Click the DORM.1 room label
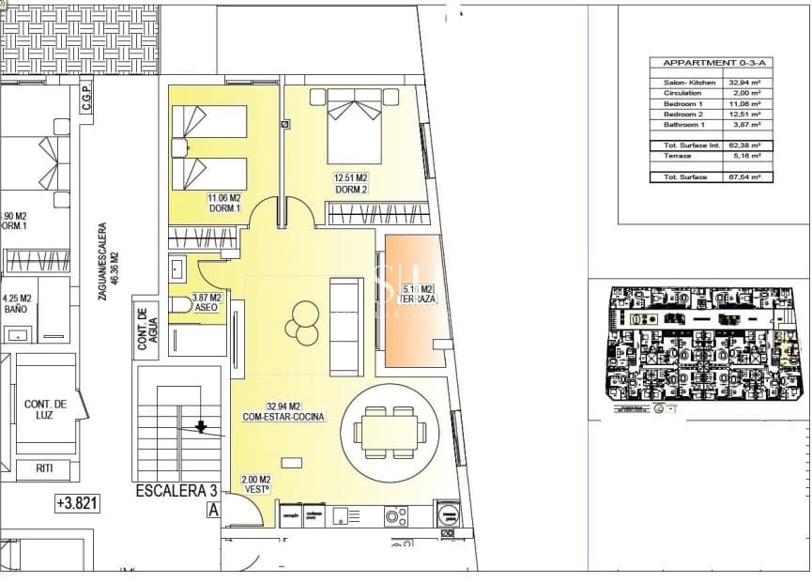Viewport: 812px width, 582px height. coord(224,208)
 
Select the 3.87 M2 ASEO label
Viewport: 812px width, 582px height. coord(206,302)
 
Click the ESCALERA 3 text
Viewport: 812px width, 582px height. coord(176,491)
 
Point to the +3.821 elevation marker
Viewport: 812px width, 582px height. coord(77,503)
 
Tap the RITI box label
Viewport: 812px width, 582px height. coord(45,467)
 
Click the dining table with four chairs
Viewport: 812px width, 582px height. coord(389,432)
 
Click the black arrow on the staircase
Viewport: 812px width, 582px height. coord(200,427)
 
